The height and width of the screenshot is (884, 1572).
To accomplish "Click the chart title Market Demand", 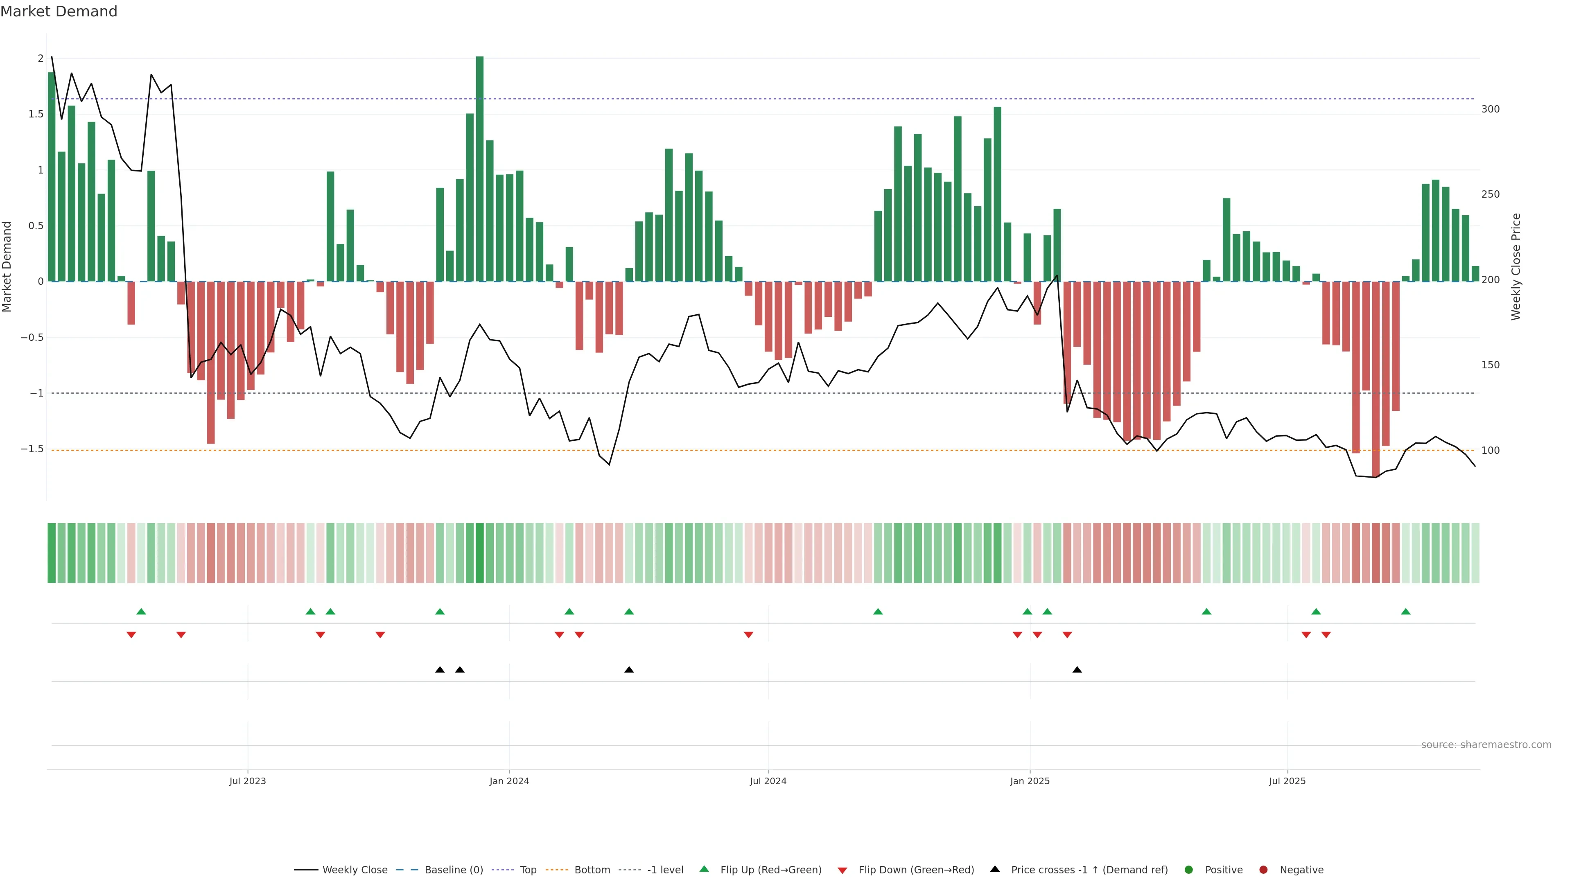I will (59, 11).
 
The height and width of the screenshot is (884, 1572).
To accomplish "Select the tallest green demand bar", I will (480, 168).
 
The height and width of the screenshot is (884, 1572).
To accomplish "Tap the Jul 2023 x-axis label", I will (247, 781).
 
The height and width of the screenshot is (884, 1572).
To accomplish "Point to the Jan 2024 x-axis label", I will (509, 781).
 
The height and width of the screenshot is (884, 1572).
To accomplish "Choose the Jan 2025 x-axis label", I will (1030, 781).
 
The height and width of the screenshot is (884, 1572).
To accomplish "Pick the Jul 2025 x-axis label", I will (1287, 781).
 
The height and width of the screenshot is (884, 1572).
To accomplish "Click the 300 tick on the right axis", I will (1490, 109).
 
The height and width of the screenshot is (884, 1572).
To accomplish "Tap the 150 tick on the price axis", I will (1490, 365).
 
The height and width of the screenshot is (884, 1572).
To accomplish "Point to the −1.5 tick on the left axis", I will (32, 449).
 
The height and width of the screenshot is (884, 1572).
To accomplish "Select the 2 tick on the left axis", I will (41, 59).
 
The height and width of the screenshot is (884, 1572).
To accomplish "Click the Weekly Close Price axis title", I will (1516, 266).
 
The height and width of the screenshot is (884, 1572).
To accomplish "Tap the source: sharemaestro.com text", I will (1486, 744).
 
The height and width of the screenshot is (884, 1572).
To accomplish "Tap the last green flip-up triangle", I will (1405, 611).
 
